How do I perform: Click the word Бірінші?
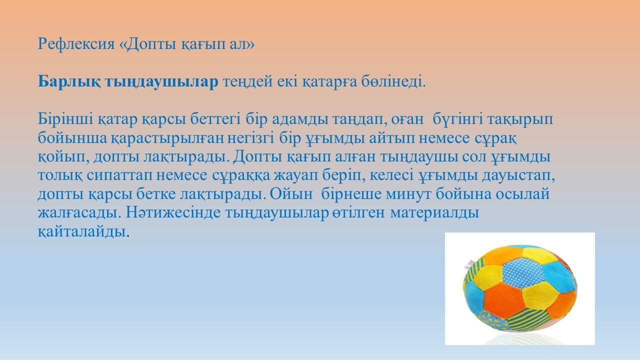pos(65,119)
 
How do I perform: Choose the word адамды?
pos(300,119)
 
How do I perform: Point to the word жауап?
pos(295,175)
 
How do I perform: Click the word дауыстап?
pos(518,175)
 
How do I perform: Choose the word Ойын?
pos(291,194)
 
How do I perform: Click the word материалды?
pos(434,213)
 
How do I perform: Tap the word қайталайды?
pos(83,231)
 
